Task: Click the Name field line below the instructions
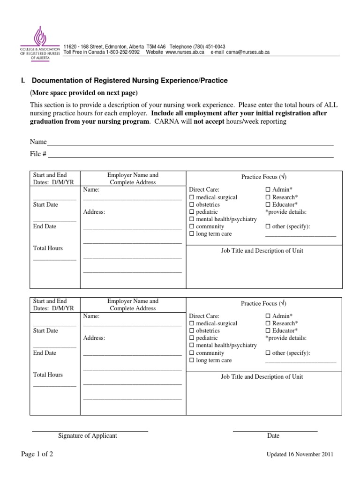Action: click(x=190, y=142)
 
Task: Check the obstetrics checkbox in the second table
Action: click(x=191, y=331)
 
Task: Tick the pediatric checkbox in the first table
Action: click(x=191, y=212)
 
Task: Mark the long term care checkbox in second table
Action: click(x=191, y=360)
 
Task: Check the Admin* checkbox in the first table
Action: click(x=268, y=190)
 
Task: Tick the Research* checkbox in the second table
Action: click(x=268, y=323)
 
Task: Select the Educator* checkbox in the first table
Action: click(x=268, y=205)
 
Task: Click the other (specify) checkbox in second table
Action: click(x=268, y=353)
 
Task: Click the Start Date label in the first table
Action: click(x=45, y=205)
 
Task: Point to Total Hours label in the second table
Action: click(x=48, y=375)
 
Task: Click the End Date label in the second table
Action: click(x=45, y=353)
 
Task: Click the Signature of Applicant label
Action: click(x=88, y=436)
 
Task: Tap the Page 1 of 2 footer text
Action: click(x=37, y=454)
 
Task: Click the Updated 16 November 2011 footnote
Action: click(x=300, y=455)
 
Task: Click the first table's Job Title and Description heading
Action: click(x=262, y=251)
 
